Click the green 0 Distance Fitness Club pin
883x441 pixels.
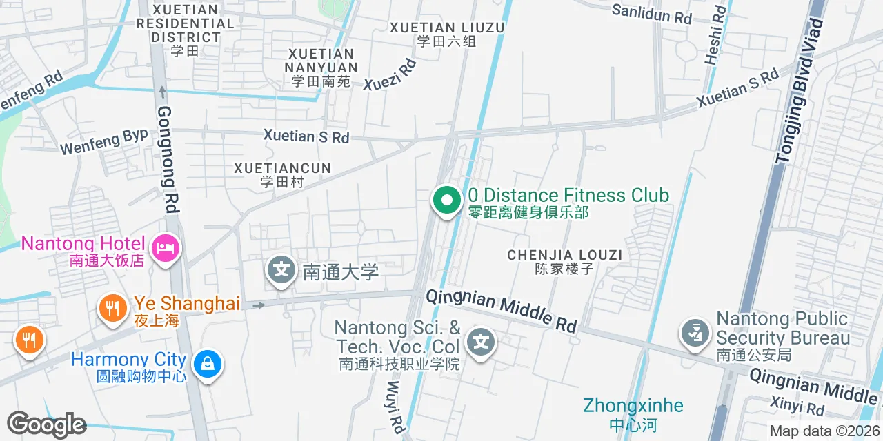tap(446, 201)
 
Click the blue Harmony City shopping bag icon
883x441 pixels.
tap(207, 363)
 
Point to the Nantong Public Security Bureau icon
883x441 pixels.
tap(695, 333)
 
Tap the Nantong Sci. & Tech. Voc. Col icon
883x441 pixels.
tap(481, 342)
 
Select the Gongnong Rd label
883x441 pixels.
tap(168, 159)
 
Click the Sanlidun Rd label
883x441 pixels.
tap(651, 14)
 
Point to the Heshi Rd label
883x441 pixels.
tap(715, 35)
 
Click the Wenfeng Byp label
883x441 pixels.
tap(104, 141)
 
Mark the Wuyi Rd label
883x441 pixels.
tap(395, 407)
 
